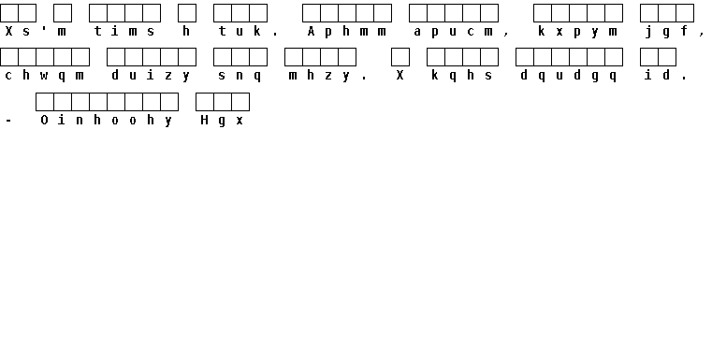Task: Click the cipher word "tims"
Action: click(x=124, y=31)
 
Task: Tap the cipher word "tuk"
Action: click(x=240, y=31)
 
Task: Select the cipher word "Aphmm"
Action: click(x=346, y=31)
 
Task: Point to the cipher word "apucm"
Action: click(x=453, y=32)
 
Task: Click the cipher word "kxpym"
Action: click(x=577, y=32)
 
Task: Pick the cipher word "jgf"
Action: click(x=666, y=32)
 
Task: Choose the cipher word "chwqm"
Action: click(x=44, y=76)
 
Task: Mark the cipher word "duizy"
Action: click(x=151, y=76)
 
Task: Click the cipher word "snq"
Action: click(x=240, y=76)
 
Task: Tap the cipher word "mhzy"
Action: click(x=320, y=76)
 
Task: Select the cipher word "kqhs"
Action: click(x=462, y=76)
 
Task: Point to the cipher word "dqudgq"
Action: click(x=569, y=76)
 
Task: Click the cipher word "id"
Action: click(x=658, y=75)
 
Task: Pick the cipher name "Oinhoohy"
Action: click(x=107, y=121)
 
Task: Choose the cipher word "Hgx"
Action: click(x=222, y=121)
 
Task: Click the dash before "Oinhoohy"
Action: click(x=8, y=122)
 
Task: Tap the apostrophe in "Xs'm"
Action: click(x=44, y=29)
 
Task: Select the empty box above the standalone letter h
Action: click(x=187, y=13)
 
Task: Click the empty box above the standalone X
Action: click(x=400, y=57)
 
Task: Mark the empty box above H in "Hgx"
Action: click(x=205, y=102)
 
